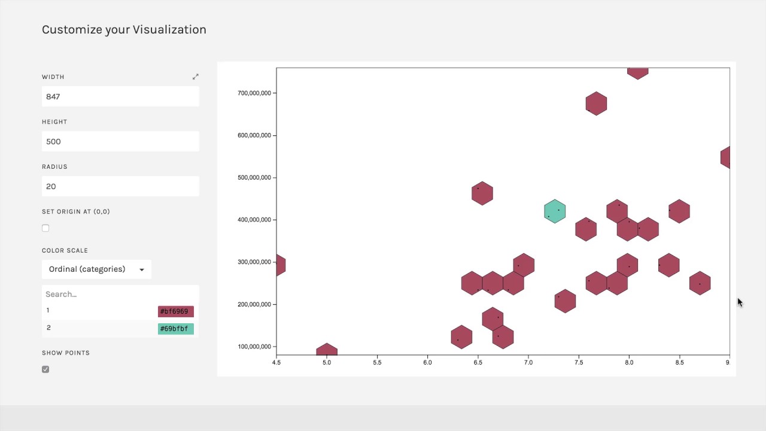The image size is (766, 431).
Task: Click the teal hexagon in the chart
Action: (x=555, y=211)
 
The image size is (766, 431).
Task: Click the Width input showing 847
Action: (x=120, y=96)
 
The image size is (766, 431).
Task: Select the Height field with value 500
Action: (x=120, y=141)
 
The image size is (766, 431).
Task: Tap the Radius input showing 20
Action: (x=120, y=186)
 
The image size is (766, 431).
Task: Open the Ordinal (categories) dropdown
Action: (x=96, y=269)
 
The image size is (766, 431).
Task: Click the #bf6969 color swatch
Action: (x=175, y=311)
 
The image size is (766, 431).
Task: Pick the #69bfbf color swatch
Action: (x=175, y=329)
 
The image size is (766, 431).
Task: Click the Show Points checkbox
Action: (x=45, y=369)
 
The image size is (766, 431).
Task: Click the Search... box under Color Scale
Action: (x=120, y=294)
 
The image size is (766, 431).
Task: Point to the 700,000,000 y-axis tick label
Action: (x=254, y=93)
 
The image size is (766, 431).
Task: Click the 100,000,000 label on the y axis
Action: (x=254, y=347)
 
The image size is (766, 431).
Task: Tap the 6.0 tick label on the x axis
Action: (x=427, y=363)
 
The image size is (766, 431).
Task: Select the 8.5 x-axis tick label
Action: (x=679, y=363)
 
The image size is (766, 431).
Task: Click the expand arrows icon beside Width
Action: (x=195, y=77)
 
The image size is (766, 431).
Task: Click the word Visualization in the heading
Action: (x=169, y=29)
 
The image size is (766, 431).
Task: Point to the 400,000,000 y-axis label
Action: (x=254, y=220)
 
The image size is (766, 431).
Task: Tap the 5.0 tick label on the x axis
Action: (x=327, y=363)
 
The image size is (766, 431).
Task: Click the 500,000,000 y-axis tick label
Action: (x=254, y=178)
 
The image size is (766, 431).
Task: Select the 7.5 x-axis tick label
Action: (x=579, y=363)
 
